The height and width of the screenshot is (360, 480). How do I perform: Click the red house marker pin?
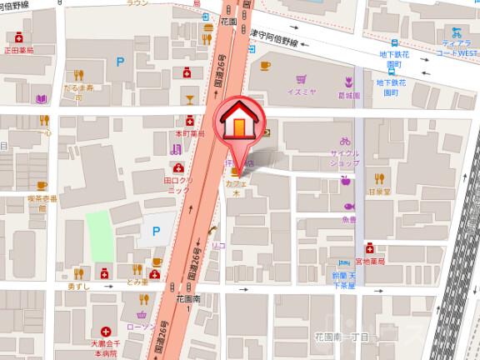pos(238,124)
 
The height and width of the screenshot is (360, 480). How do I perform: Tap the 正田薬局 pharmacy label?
pos(18,50)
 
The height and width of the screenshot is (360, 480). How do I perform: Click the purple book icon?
pos(41,99)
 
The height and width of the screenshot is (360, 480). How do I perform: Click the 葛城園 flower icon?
pos(348,82)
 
